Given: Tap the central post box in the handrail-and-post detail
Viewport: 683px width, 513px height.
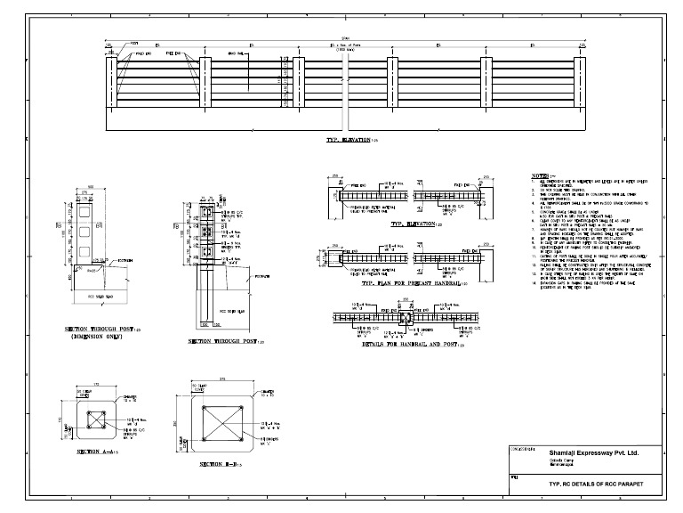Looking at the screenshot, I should click(404, 318).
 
